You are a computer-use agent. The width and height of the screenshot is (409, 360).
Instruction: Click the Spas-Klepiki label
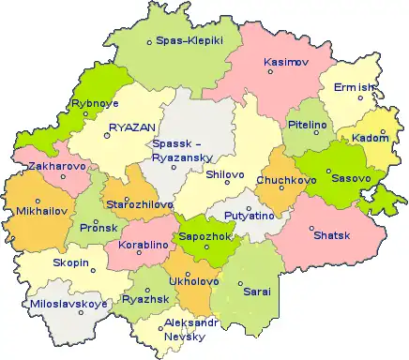[189, 41]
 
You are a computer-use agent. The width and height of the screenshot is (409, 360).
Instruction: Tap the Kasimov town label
[286, 62]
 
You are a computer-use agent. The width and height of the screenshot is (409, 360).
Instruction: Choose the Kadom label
[371, 139]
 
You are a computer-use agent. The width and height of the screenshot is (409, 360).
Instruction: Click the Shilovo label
[224, 174]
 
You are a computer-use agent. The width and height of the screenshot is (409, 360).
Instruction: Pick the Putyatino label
[248, 215]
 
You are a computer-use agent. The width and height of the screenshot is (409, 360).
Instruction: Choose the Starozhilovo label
[139, 203]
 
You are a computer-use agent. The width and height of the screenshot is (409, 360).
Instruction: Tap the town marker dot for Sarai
[240, 283]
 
